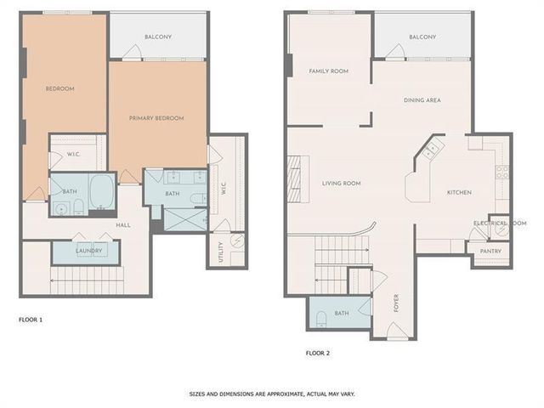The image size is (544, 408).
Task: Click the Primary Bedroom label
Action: click(156, 118)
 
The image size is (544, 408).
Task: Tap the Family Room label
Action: click(329, 71)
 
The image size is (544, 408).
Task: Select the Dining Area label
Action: click(422, 100)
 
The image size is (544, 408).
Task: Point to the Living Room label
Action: click(342, 183)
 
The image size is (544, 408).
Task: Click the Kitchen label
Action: click(459, 192)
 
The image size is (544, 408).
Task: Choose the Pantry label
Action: click(490, 251)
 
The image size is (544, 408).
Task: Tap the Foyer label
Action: click(396, 303)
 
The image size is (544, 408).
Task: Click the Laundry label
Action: click(89, 251)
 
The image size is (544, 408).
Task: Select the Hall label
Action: click(123, 224)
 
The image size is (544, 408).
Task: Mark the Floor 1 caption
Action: click(31, 320)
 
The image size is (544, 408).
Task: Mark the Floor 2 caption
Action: click(317, 352)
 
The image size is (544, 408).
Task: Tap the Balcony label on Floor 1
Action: click(158, 37)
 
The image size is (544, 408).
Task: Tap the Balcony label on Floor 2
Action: click(422, 37)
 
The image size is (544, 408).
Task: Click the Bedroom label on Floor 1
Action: click(59, 88)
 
